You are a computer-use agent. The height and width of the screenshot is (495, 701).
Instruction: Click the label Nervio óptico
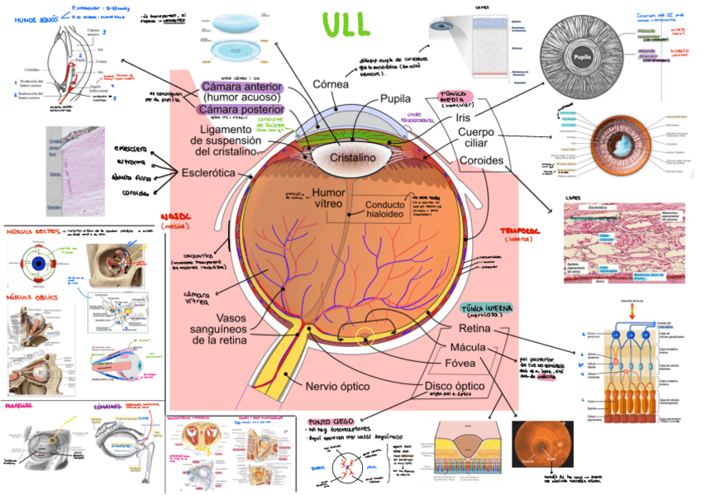pyautogui.click(x=337, y=386)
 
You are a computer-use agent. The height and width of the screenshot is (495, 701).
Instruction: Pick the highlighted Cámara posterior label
pyautogui.click(x=242, y=110)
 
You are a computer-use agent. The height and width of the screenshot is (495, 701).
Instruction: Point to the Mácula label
pyautogui.click(x=468, y=347)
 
